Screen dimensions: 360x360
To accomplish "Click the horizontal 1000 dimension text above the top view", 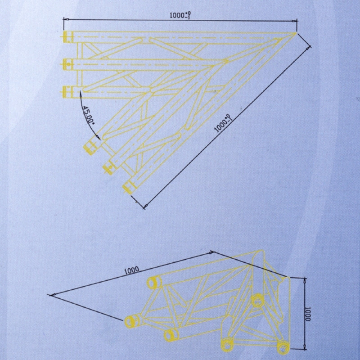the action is click(x=180, y=15).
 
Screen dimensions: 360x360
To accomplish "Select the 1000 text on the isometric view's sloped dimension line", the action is click(x=131, y=271).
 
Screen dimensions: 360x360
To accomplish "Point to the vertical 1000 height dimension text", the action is click(x=308, y=314).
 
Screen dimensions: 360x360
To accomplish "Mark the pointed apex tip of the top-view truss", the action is click(x=296, y=33).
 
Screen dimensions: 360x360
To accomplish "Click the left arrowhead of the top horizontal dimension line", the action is click(x=66, y=19).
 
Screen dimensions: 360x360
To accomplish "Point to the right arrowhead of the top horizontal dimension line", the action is click(x=294, y=21).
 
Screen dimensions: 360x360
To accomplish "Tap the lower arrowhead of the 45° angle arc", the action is click(x=99, y=137).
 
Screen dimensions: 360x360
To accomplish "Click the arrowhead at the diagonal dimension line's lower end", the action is click(x=145, y=206).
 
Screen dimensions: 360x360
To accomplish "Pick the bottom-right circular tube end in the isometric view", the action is click(x=283, y=348).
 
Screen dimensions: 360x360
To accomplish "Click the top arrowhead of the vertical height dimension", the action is click(x=305, y=280).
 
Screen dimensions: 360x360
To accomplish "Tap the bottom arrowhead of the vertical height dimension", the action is click(x=305, y=346).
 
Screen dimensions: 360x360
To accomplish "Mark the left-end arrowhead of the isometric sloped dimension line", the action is click(x=53, y=295).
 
